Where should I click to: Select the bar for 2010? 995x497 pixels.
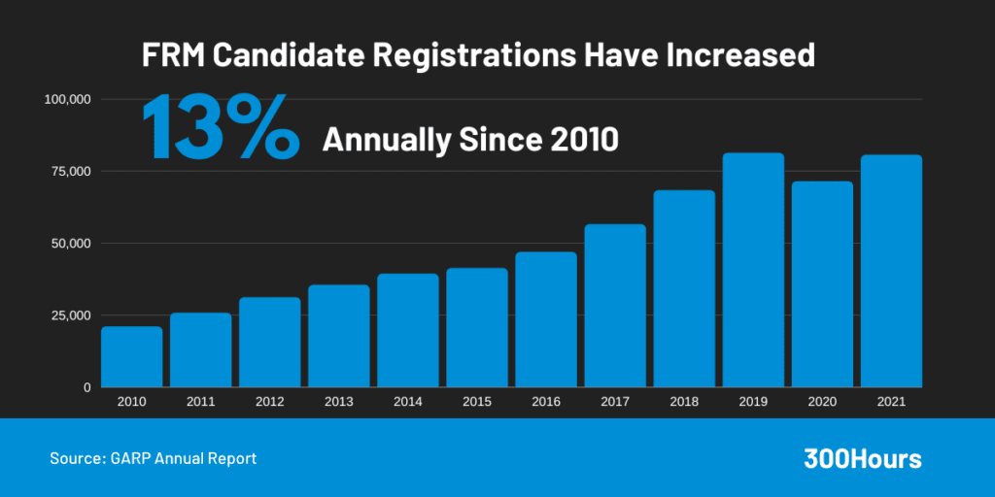click(131, 357)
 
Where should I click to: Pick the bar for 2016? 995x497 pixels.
click(546, 319)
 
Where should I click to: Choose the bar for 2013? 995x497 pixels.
click(339, 336)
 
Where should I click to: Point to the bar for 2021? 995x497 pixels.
click(891, 271)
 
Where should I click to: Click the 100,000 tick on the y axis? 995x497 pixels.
click(68, 99)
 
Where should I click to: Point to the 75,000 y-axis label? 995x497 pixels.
click(71, 171)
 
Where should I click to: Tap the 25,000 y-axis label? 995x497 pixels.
click(71, 315)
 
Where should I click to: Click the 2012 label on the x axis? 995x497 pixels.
click(269, 401)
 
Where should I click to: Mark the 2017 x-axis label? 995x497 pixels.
click(615, 401)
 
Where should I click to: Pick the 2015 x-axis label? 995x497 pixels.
click(477, 401)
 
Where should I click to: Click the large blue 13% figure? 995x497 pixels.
click(221, 127)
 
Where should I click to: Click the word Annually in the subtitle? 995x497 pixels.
click(386, 140)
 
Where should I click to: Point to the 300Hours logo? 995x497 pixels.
click(862, 459)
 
